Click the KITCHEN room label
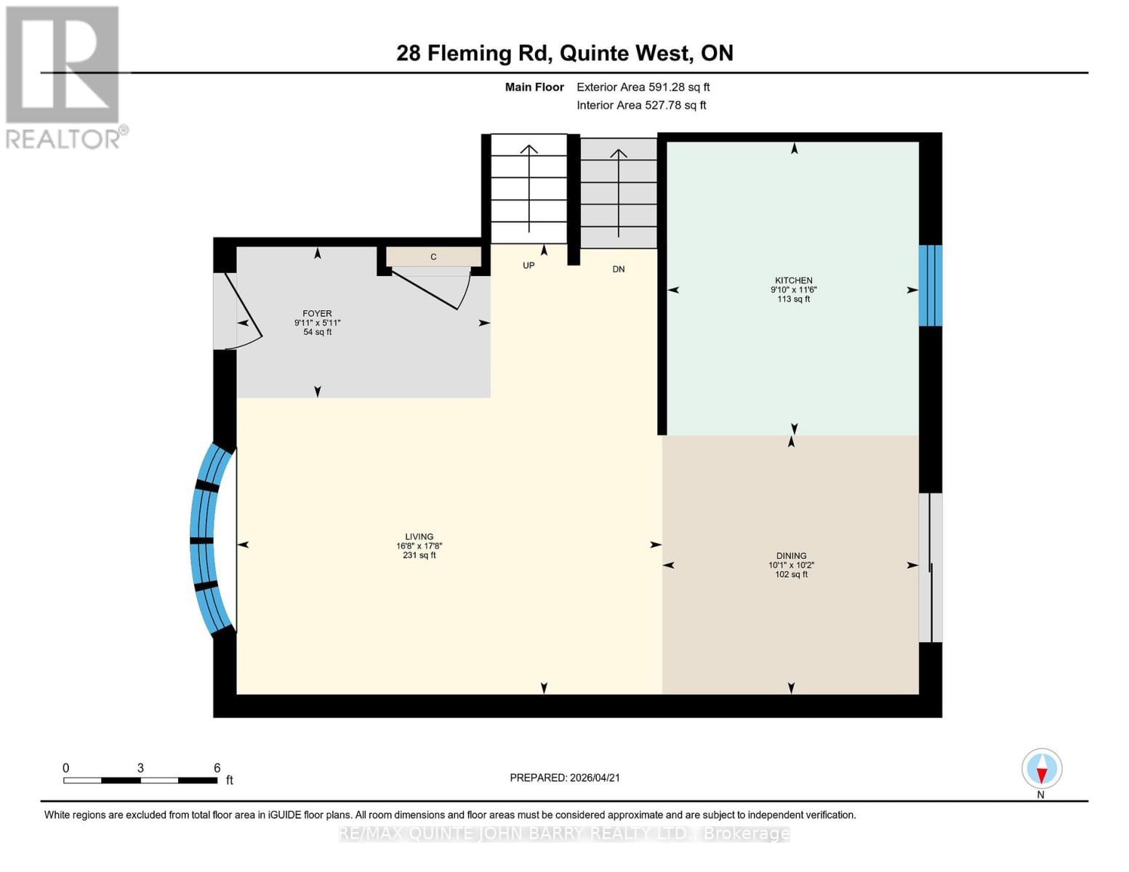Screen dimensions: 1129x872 coord(793,280)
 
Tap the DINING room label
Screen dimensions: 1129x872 coord(791,556)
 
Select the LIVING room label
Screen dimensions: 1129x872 coord(419,536)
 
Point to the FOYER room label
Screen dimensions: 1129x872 coord(317,313)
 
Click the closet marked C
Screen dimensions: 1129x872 coord(433,257)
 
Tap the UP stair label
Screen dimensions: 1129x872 coord(529,265)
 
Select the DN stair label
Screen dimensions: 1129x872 coord(618,269)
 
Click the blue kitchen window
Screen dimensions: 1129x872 coord(930,286)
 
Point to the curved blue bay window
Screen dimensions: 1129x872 coord(203,540)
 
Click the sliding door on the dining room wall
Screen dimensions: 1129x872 coord(931,568)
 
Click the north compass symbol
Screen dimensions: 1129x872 coord(1042,769)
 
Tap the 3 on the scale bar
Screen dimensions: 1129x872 coord(140,767)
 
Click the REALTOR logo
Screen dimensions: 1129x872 coord(65,78)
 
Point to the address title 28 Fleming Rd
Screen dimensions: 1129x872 coord(473,53)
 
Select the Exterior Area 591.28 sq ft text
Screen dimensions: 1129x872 coord(643,87)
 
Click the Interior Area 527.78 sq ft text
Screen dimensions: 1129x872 coord(642,105)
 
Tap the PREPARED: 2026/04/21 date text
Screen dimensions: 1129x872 coord(565,778)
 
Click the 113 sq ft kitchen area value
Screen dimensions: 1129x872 coord(793,299)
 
